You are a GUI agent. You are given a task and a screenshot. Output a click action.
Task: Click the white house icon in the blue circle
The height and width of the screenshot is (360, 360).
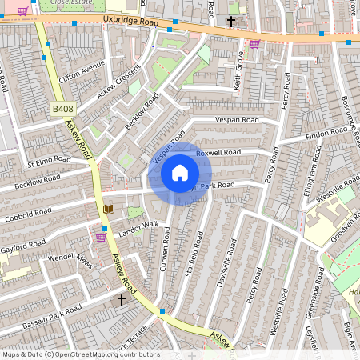click(x=180, y=173)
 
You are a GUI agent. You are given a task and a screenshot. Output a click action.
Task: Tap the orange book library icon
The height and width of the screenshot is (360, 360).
click(x=109, y=210)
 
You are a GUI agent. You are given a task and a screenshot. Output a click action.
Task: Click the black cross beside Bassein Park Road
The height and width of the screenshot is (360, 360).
click(x=122, y=299)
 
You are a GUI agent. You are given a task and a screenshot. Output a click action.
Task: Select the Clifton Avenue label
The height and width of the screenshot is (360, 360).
click(x=82, y=72)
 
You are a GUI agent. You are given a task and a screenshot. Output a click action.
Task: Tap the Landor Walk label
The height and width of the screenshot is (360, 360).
click(x=139, y=226)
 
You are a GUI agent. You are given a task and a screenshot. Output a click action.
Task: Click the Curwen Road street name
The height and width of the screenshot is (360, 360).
click(x=165, y=248)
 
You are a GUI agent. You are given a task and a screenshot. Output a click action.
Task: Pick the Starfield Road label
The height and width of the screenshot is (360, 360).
click(x=190, y=254)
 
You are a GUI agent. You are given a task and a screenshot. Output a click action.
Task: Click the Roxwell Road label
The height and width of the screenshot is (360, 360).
click(x=218, y=152)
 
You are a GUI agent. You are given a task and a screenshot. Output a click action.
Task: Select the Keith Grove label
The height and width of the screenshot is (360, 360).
click(x=238, y=70)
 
